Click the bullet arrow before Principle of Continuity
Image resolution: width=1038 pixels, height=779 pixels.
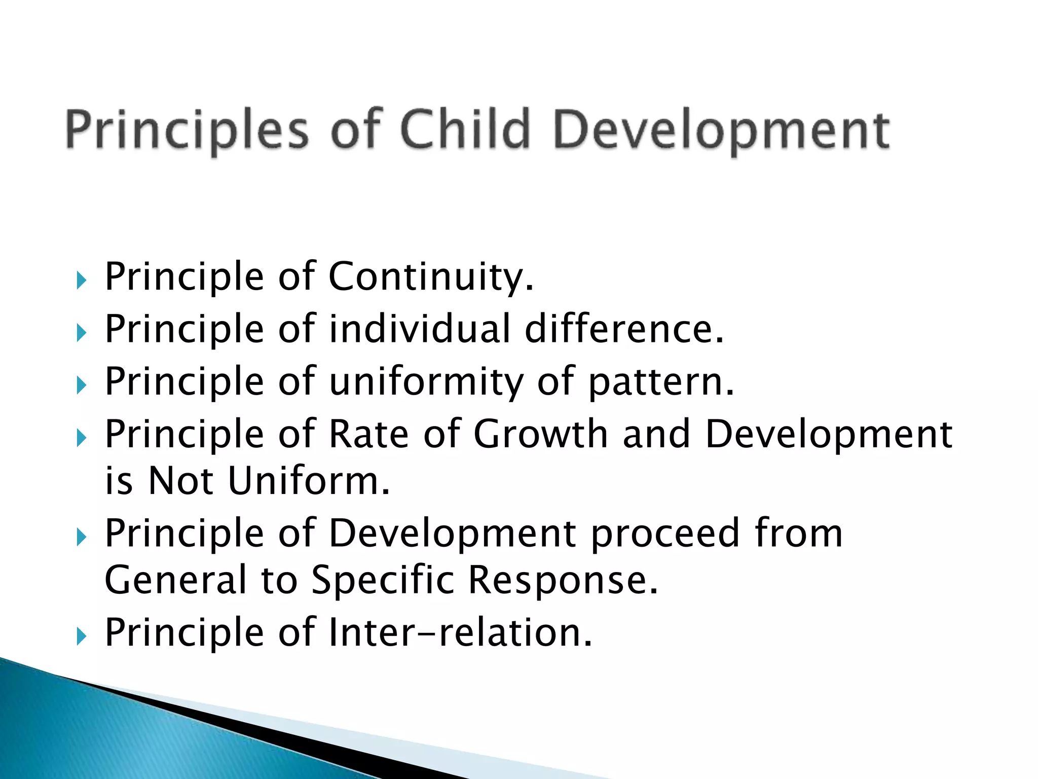[x=82, y=280]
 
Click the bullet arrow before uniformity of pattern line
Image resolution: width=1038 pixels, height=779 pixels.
[x=82, y=385]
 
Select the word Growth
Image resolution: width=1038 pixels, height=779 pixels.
[x=540, y=434]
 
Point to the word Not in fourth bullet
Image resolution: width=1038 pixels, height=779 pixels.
[x=180, y=481]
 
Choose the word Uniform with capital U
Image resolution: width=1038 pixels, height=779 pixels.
[x=309, y=481]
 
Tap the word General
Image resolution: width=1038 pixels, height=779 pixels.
[x=175, y=580]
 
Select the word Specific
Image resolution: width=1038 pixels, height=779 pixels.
[x=383, y=580]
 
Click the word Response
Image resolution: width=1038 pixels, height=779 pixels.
[x=563, y=580]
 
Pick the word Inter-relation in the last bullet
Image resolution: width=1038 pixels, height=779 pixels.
[x=460, y=633]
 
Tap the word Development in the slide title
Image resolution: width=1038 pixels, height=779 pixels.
[x=721, y=131]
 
